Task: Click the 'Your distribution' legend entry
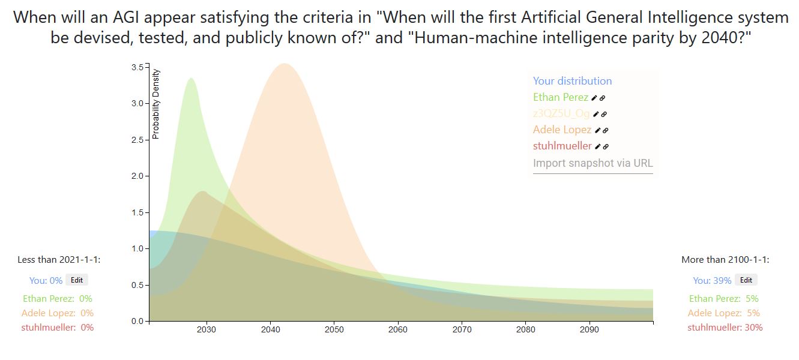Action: (572, 81)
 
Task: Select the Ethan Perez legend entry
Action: (560, 97)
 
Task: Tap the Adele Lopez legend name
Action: (562, 130)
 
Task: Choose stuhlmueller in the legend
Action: (562, 146)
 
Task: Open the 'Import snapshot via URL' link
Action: (592, 163)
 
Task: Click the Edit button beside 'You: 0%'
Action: (76, 280)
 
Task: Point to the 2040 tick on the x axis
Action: (270, 329)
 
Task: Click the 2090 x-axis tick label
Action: (589, 329)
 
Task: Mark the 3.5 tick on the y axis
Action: (137, 67)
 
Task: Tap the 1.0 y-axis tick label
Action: (137, 248)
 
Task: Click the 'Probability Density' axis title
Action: (156, 104)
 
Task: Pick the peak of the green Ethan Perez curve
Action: (191, 79)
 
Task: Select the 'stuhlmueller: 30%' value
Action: (725, 327)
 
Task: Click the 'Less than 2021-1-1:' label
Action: (59, 260)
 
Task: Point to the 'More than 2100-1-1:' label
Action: (725, 260)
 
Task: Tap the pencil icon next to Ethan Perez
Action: (594, 98)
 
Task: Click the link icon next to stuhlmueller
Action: (606, 146)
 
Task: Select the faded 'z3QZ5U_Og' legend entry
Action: (561, 113)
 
